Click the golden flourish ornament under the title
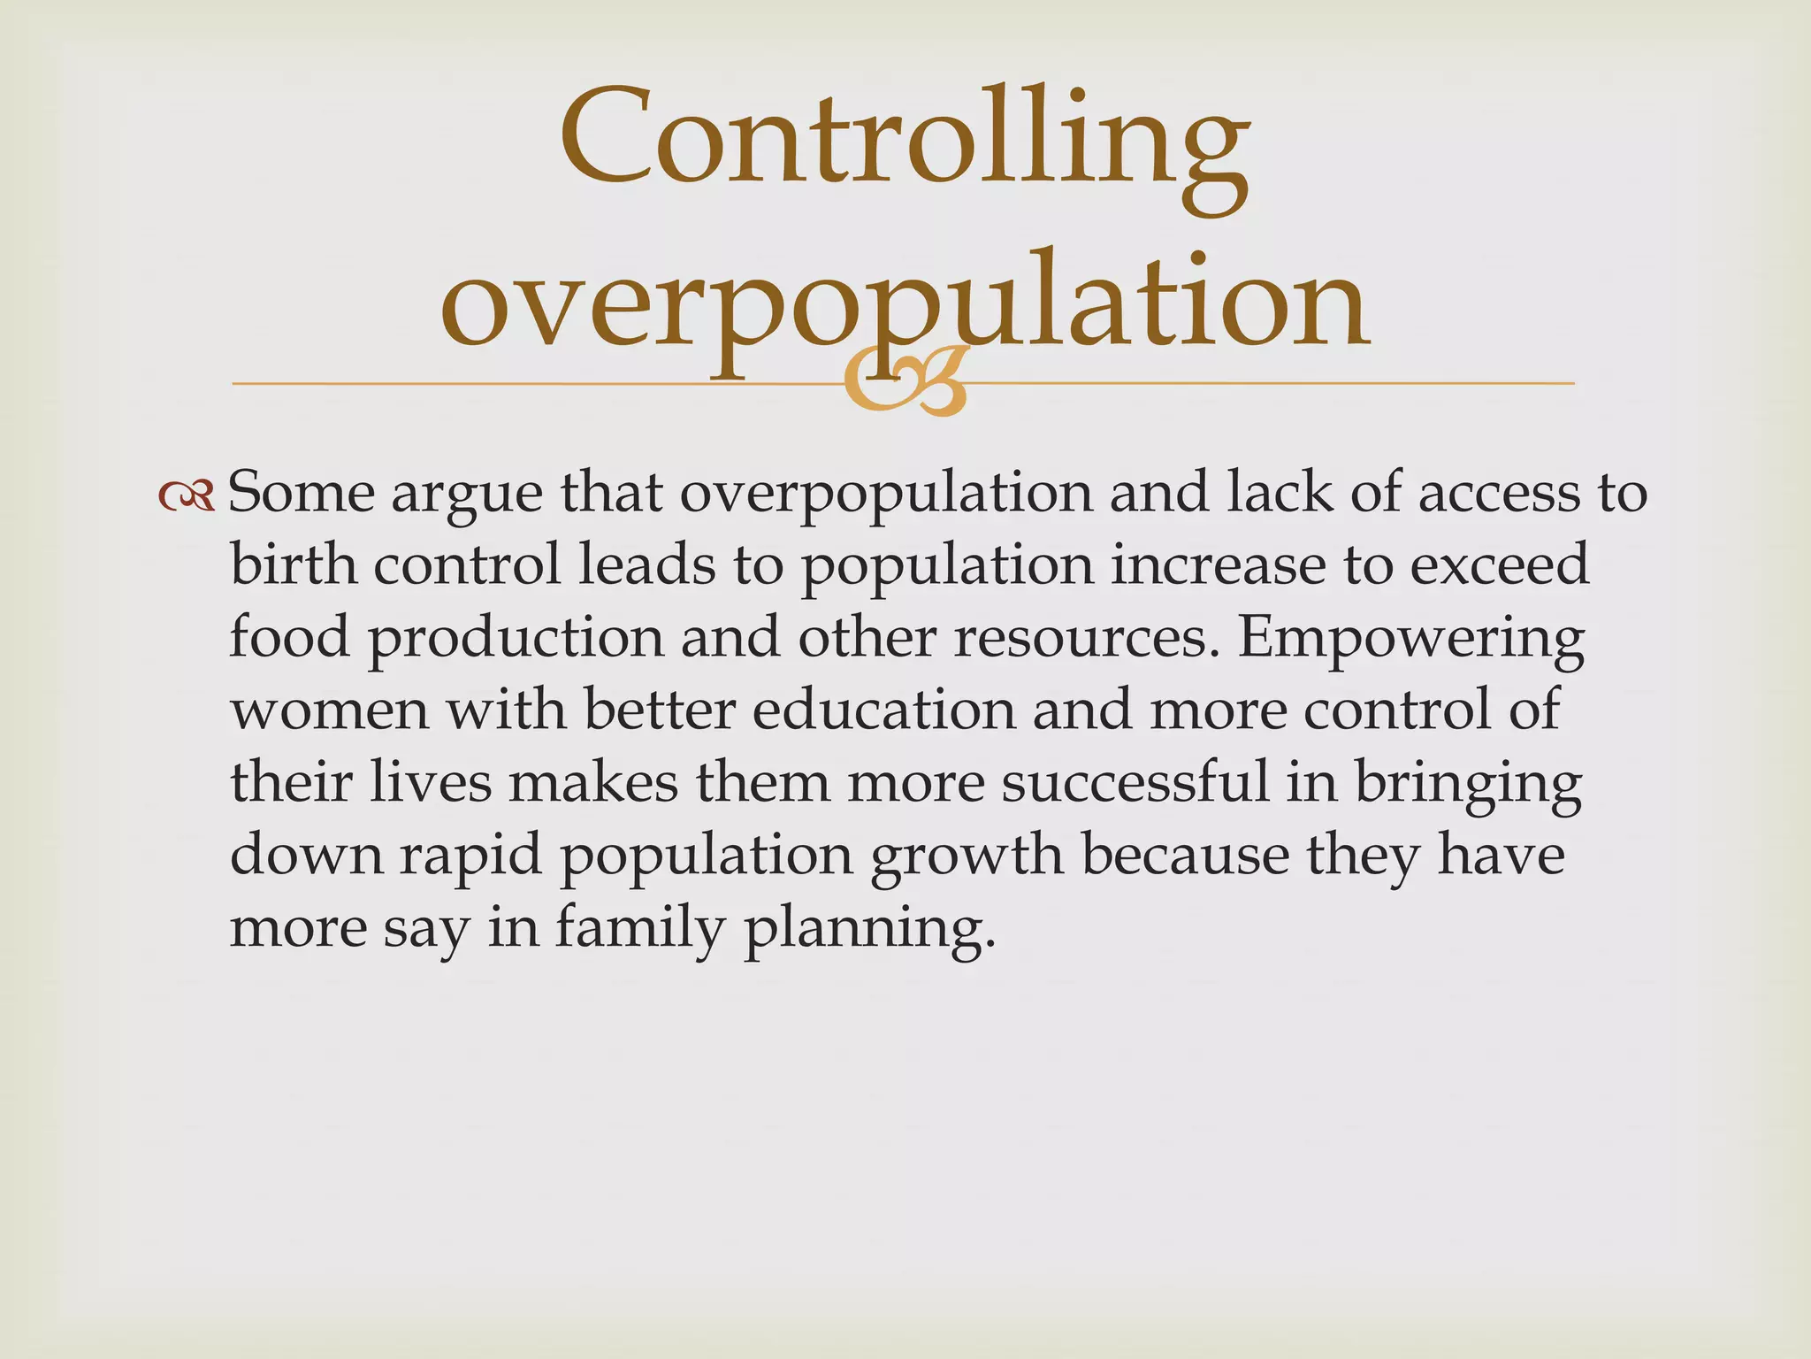905,383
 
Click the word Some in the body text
302,493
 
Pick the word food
290,637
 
